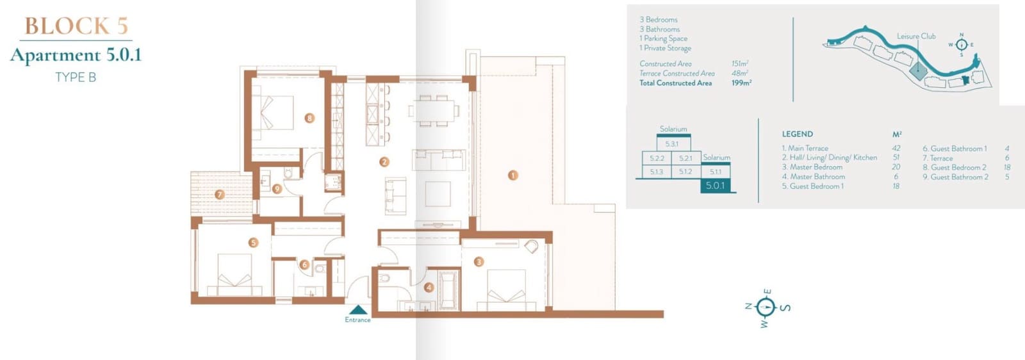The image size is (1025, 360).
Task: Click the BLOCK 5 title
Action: point(76,26)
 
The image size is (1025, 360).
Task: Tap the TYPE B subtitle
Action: point(76,77)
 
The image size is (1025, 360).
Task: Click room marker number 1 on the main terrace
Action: point(512,175)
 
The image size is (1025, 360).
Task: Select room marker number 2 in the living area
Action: point(384,162)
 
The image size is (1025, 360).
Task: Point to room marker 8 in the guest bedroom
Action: point(309,118)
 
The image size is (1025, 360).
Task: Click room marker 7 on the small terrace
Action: point(220,194)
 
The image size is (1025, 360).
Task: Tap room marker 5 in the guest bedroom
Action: point(254,243)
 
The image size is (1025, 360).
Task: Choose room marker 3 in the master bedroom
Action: point(479,262)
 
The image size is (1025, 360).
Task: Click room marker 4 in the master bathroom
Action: point(429,288)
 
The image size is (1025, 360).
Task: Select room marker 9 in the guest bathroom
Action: point(277,189)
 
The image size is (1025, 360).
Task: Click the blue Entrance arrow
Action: point(357,309)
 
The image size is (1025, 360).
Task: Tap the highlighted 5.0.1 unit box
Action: point(715,185)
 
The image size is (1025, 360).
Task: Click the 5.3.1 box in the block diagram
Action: point(671,144)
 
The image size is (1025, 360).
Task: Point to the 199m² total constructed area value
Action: point(741,83)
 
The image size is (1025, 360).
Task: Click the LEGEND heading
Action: point(797,134)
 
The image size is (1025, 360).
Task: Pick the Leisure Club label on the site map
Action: point(915,37)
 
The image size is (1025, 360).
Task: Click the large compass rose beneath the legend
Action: point(766,307)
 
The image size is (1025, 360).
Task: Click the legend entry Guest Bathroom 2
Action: point(955,177)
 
